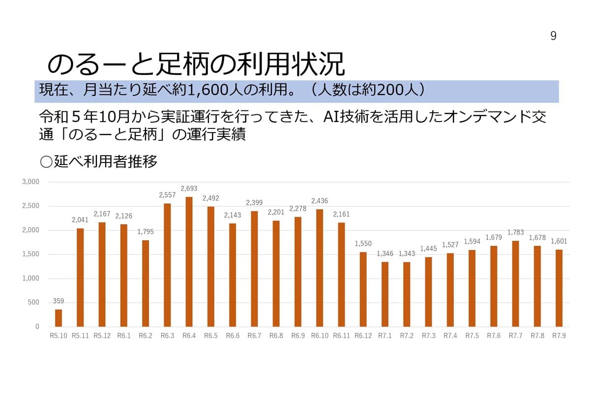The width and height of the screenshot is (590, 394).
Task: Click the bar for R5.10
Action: coord(59,318)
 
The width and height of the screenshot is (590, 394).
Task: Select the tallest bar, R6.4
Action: coord(189,262)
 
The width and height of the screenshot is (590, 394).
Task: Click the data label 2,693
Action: coord(189,189)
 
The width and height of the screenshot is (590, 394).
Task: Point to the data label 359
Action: coord(59,301)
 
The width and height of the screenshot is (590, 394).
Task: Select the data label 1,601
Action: coord(559,241)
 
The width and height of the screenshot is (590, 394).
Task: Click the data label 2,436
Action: coord(320,201)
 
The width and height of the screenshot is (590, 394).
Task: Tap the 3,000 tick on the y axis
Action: coord(30,182)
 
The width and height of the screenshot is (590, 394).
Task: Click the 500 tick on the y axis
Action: coord(33,302)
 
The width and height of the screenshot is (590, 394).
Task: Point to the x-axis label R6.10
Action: coord(320,336)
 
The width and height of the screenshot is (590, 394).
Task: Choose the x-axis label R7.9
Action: coord(559,336)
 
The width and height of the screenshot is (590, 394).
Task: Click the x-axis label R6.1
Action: coord(123,336)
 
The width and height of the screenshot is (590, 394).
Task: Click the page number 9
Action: coord(553,36)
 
